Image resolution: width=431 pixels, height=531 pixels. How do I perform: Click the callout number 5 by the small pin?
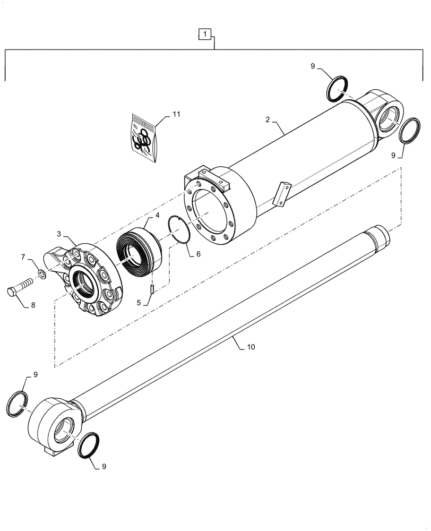[139, 303]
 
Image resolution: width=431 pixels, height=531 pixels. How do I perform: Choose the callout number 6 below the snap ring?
[198, 254]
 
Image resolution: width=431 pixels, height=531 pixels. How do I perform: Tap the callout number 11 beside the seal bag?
[177, 115]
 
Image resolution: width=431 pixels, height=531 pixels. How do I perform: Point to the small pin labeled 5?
[151, 289]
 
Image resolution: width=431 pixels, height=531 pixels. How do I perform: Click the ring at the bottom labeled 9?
[85, 445]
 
